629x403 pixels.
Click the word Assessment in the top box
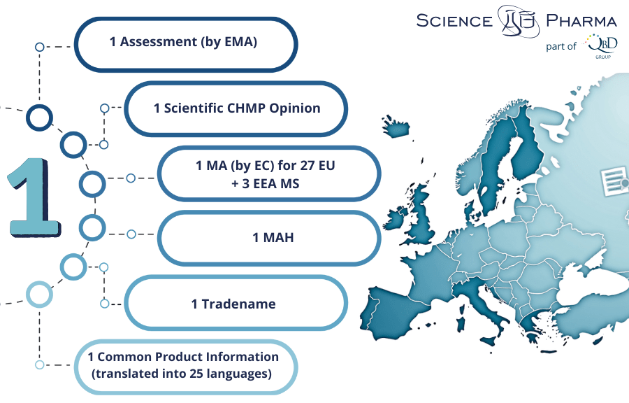point(159,42)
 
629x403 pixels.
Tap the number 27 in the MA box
point(308,165)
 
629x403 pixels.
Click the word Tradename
point(239,304)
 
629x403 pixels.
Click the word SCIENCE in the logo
point(454,21)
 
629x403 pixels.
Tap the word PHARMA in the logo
point(581,20)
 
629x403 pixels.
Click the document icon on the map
point(614,181)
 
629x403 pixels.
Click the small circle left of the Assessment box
point(39,47)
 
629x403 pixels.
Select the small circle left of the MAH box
point(131,234)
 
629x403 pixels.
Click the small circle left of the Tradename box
point(104,304)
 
